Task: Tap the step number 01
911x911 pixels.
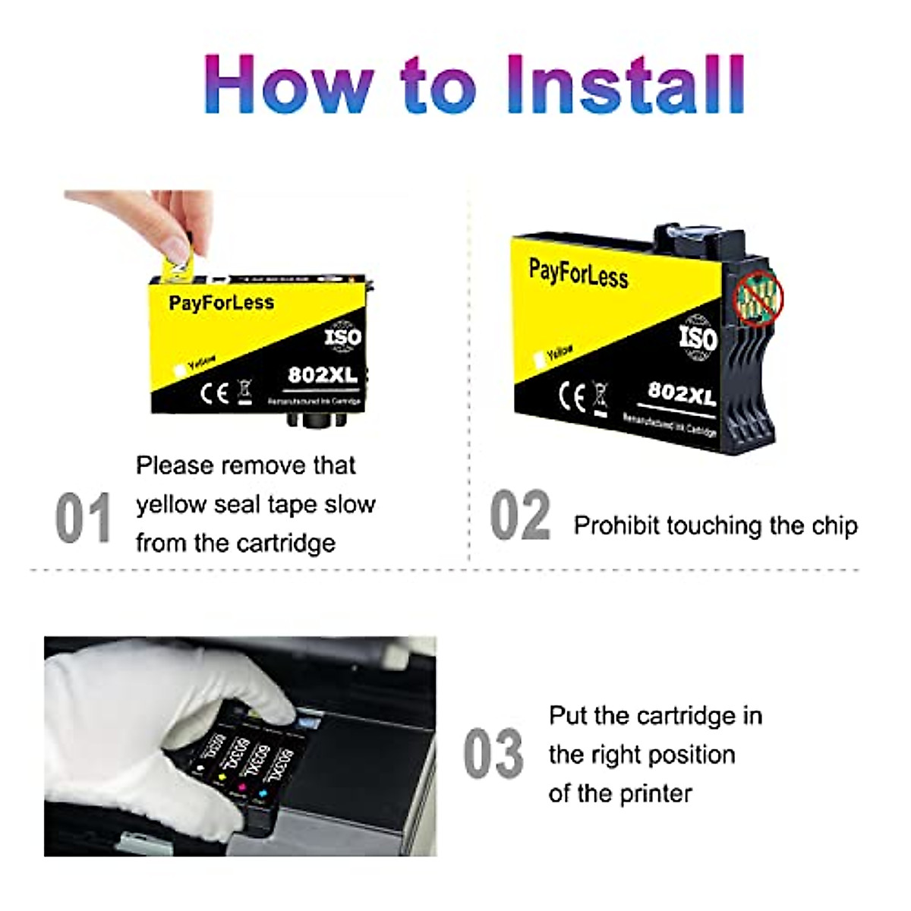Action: (x=83, y=519)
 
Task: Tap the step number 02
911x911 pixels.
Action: (x=520, y=516)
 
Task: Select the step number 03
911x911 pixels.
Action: (x=493, y=754)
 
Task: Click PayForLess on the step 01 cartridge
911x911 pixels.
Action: (x=221, y=303)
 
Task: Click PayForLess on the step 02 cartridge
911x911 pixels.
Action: (x=578, y=273)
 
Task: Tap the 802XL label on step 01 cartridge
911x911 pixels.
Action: (x=322, y=375)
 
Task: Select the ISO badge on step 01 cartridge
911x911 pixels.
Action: (x=343, y=336)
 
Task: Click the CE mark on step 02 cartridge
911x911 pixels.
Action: (x=572, y=396)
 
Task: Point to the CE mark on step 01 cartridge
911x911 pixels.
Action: (x=214, y=392)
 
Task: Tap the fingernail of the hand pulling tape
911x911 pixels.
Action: (x=177, y=247)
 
